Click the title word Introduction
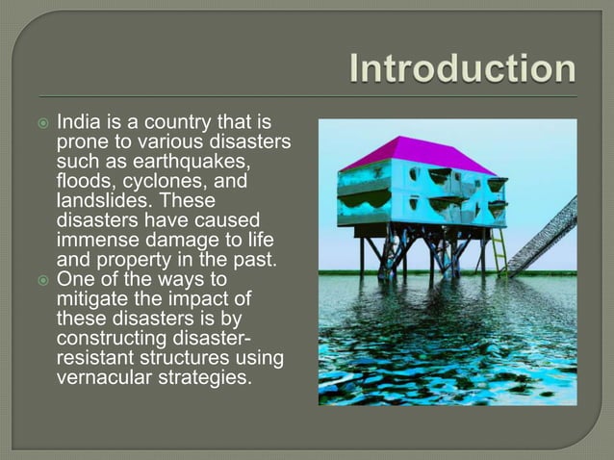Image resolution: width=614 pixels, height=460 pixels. click(463, 70)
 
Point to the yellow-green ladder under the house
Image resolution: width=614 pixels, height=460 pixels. click(499, 253)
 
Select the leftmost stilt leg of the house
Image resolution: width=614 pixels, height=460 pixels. click(362, 252)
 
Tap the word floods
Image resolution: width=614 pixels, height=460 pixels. click(84, 181)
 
